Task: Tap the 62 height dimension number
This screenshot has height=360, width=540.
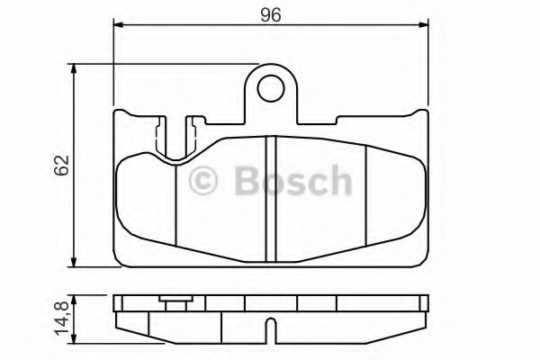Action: [61, 166]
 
